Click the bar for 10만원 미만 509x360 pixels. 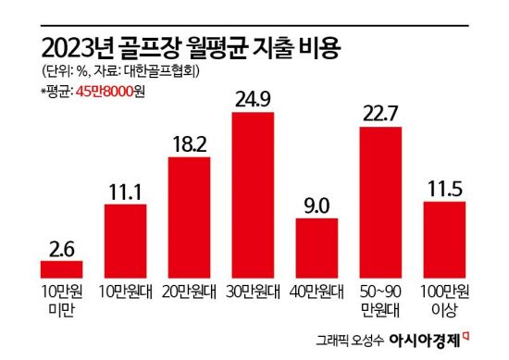pos(61,269)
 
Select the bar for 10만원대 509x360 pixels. pos(125,241)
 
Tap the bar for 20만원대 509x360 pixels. pos(189,217)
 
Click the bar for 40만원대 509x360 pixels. pos(316,248)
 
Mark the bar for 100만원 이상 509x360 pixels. pos(443,240)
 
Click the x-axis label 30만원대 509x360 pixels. pos(253,292)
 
